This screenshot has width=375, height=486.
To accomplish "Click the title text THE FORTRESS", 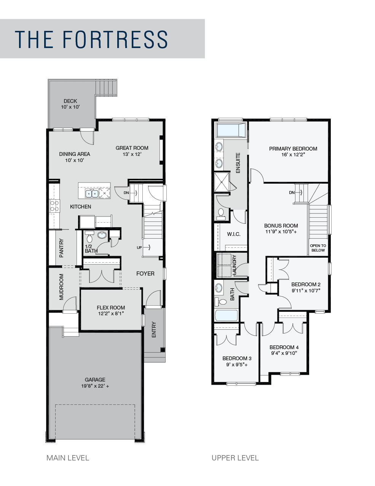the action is coord(91,39).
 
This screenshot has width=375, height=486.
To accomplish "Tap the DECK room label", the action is coord(70,101).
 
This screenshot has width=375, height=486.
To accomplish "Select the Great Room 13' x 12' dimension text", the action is coord(132,154).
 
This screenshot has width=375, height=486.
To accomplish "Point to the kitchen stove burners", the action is coord(54,206).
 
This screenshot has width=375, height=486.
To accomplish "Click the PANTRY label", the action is coord(61,248).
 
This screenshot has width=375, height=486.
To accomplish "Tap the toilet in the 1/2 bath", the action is coord(89,237).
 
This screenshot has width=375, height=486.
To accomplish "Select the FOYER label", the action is coord(145,274).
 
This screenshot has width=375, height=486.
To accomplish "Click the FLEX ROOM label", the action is coord(111,308).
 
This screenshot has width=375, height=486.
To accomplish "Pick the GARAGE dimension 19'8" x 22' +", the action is coord(95,386).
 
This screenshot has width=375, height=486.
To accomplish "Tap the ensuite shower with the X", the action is coord(222,182).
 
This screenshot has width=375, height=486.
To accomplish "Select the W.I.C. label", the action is coord(234,234).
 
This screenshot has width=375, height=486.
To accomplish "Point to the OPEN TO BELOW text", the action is coord(318,248).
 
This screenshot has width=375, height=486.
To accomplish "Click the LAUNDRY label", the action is coord(234,265).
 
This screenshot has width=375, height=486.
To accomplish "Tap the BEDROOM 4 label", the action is coord(284,347).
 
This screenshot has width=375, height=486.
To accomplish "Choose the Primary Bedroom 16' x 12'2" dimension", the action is coord(293,154).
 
